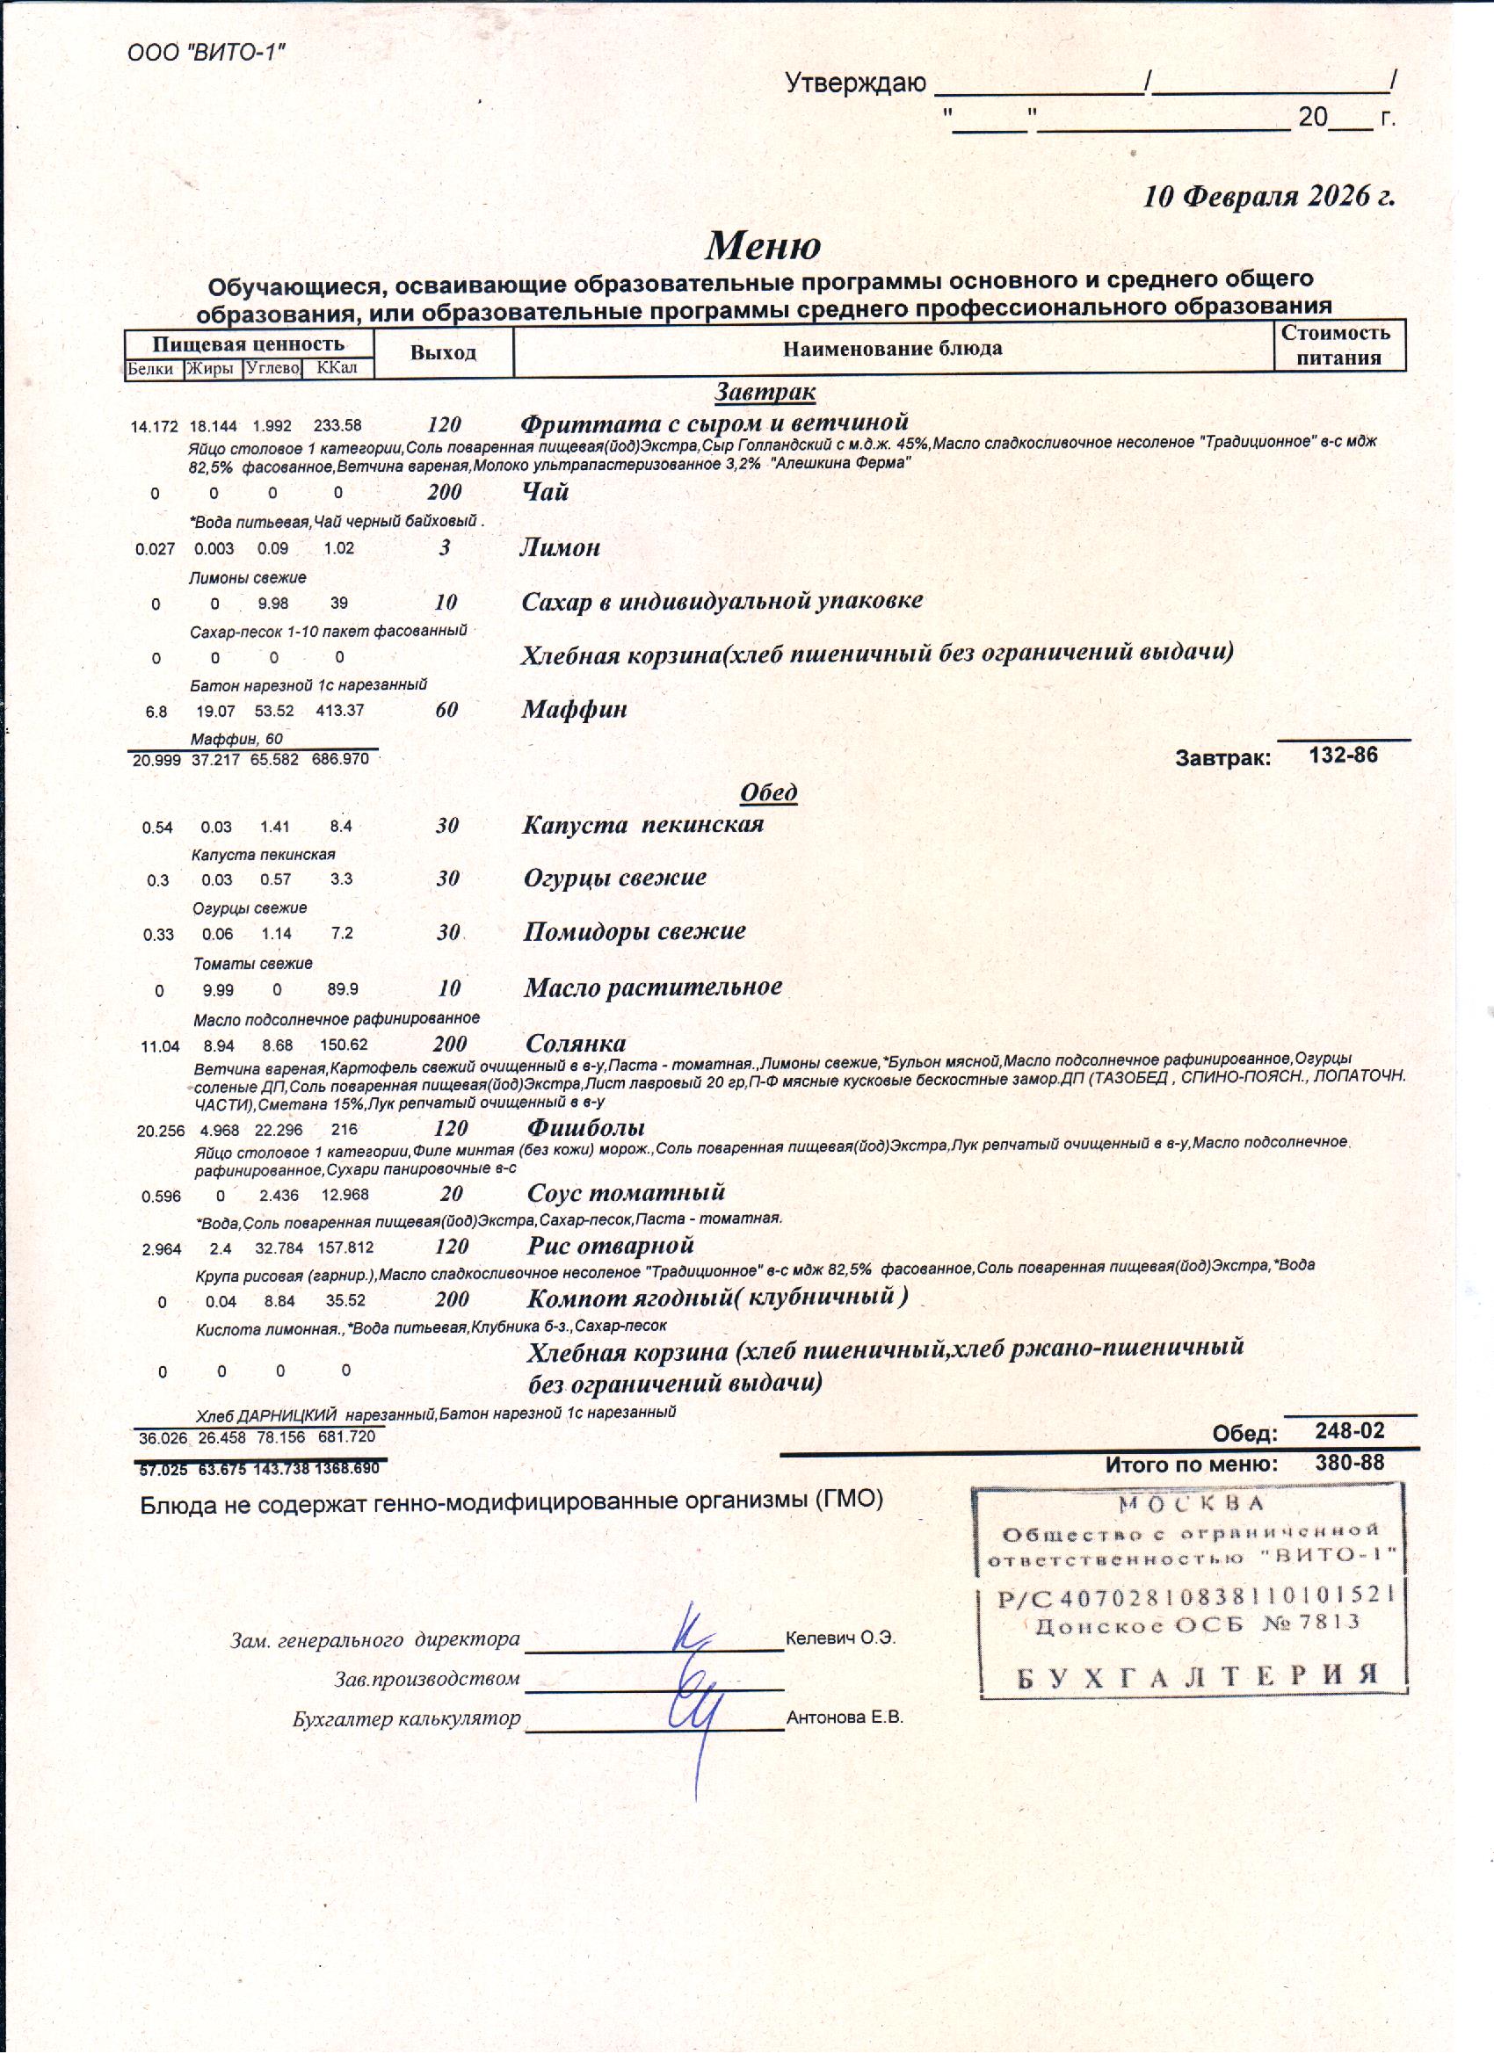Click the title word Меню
[x=763, y=245]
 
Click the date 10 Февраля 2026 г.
[x=1267, y=196]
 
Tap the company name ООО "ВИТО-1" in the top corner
[x=207, y=53]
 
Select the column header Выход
[x=443, y=352]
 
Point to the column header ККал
[x=337, y=368]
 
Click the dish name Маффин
[x=574, y=709]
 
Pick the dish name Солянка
[x=576, y=1044]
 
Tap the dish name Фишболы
[x=585, y=1128]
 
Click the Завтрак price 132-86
[x=1343, y=756]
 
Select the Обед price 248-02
[x=1349, y=1430]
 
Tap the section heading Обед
[x=768, y=792]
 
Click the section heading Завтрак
[x=765, y=392]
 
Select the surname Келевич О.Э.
[x=840, y=1638]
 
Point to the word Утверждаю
[x=855, y=83]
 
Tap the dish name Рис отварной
[x=610, y=1246]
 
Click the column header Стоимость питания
[x=1338, y=345]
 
